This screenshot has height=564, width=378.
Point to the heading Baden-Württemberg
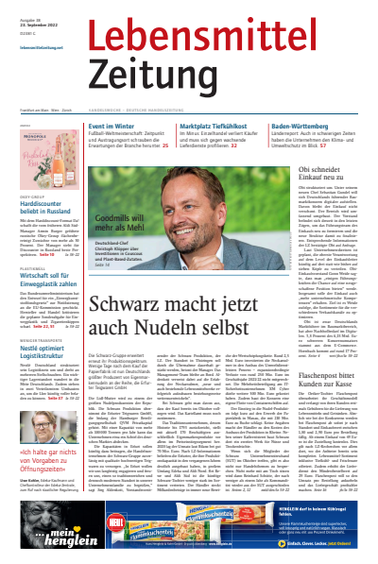(301, 128)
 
